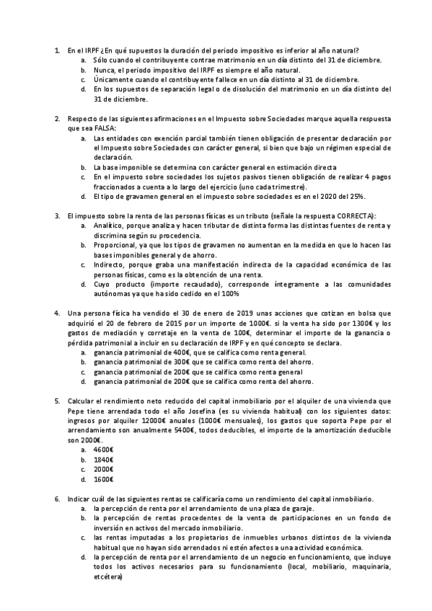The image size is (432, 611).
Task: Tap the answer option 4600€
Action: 105,450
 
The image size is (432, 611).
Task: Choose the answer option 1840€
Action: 105,459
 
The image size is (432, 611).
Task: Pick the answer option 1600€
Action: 105,478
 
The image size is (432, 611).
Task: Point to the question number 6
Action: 57,499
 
